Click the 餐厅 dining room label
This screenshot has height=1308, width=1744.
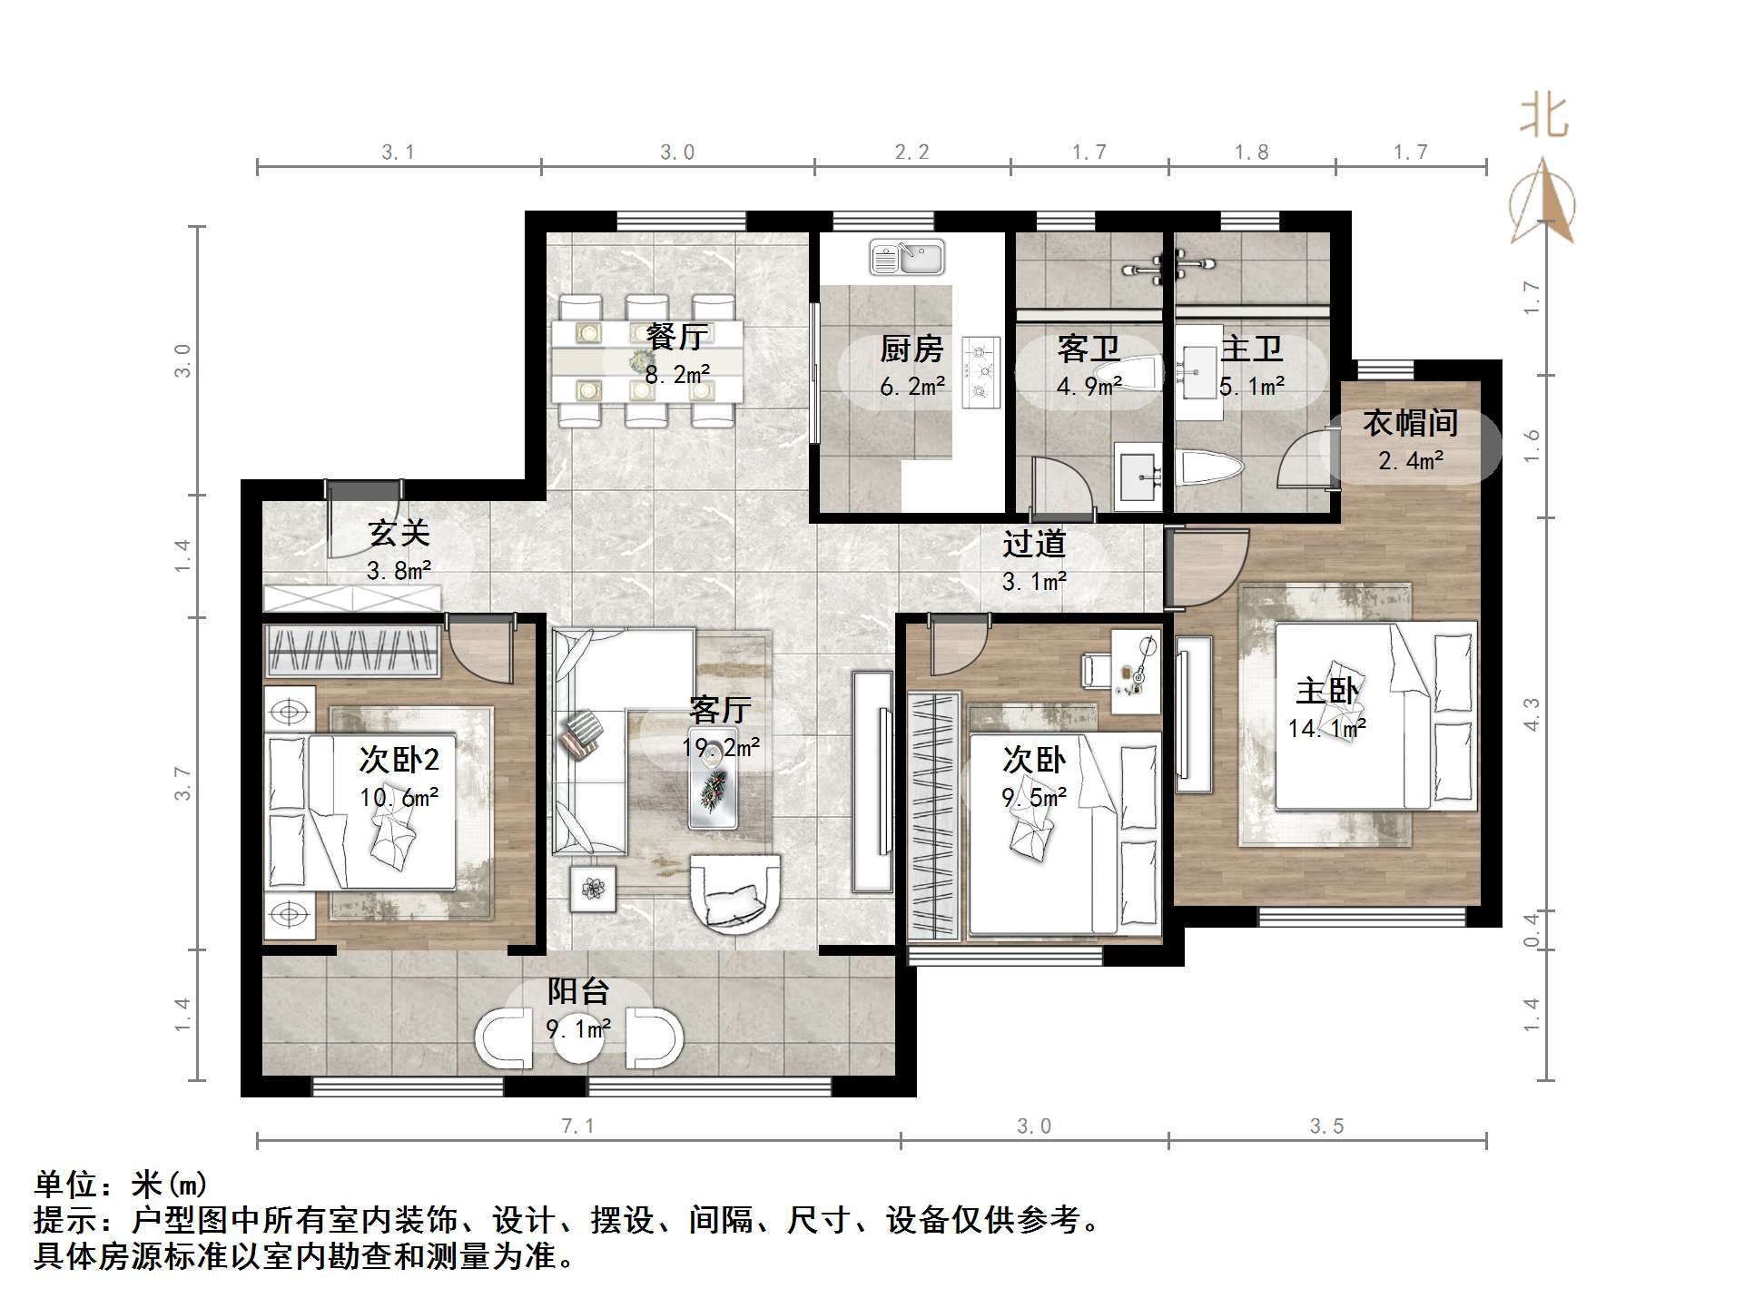(677, 337)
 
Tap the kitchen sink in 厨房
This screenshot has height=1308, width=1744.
(907, 258)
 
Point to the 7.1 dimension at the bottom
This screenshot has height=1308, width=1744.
(577, 1126)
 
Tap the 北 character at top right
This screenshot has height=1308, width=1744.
(1544, 117)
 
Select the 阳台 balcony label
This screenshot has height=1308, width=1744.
(578, 991)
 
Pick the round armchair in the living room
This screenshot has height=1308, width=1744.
(735, 894)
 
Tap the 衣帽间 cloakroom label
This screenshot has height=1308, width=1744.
(1410, 423)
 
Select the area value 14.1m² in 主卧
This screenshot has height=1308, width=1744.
(1326, 728)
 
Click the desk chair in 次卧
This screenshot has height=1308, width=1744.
(1094, 671)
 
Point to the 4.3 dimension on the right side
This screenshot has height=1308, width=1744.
(1532, 713)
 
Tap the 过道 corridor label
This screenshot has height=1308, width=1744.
(1034, 544)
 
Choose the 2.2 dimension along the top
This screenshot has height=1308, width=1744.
(911, 152)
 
